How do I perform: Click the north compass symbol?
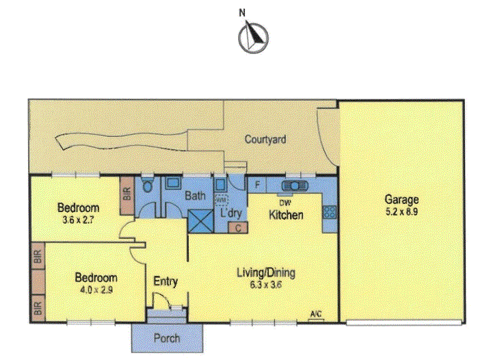[253, 37]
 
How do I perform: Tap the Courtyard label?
[265, 139]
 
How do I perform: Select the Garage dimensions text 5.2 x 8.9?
[401, 211]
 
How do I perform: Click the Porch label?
[167, 338]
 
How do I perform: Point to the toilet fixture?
[147, 185]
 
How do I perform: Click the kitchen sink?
[295, 186]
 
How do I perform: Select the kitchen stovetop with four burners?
[330, 212]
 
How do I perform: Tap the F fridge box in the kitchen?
[257, 185]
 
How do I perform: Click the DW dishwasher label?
[285, 203]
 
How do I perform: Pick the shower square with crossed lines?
[200, 221]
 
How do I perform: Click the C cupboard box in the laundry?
[238, 228]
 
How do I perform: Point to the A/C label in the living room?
[316, 314]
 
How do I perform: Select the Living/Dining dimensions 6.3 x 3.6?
[266, 285]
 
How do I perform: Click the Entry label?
[166, 281]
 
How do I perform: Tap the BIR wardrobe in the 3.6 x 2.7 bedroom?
[127, 196]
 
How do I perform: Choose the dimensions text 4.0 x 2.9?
[96, 290]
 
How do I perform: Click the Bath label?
[195, 196]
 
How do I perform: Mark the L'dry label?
[230, 213]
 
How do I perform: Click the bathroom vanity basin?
[171, 183]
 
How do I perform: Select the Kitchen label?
[286, 215]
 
